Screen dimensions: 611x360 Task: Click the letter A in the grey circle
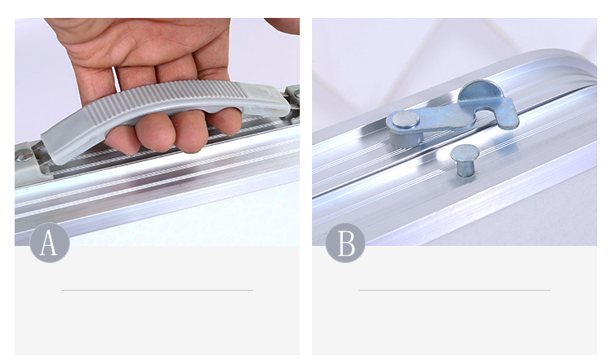pos(49,243)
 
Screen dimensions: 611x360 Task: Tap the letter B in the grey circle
pos(346,243)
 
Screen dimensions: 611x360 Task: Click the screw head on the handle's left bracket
pos(24,156)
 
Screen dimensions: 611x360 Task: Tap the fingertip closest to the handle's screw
pos(121,141)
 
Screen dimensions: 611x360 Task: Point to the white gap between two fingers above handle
pos(114,75)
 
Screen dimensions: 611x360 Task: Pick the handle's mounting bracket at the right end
pos(293,102)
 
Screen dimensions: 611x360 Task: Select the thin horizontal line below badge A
pos(157,290)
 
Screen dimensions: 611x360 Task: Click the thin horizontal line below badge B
pos(455,290)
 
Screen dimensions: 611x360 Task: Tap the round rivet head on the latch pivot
pos(406,120)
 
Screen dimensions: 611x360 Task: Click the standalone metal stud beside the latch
pos(464,160)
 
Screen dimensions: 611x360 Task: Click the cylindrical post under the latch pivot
pos(405,138)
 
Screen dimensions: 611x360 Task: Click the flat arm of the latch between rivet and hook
pos(444,118)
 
